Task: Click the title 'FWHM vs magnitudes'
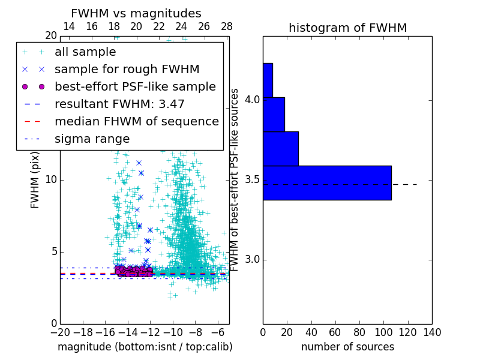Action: [x=136, y=13]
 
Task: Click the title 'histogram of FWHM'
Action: [x=347, y=28]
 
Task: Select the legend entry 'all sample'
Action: [x=85, y=52]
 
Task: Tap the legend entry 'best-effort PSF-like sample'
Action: [x=135, y=86]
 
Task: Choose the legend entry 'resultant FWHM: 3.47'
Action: [x=119, y=104]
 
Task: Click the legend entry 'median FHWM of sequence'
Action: [x=136, y=121]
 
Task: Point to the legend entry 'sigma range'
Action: [x=92, y=139]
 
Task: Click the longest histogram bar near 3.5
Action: [x=327, y=182]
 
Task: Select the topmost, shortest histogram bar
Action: [x=268, y=80]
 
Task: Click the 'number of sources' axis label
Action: [x=347, y=347]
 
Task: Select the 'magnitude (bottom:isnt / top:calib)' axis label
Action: [x=145, y=347]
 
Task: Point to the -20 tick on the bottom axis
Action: [x=60, y=332]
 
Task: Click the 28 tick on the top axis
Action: [x=226, y=26]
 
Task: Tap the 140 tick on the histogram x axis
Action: [x=432, y=332]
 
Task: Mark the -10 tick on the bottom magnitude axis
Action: [x=173, y=332]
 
